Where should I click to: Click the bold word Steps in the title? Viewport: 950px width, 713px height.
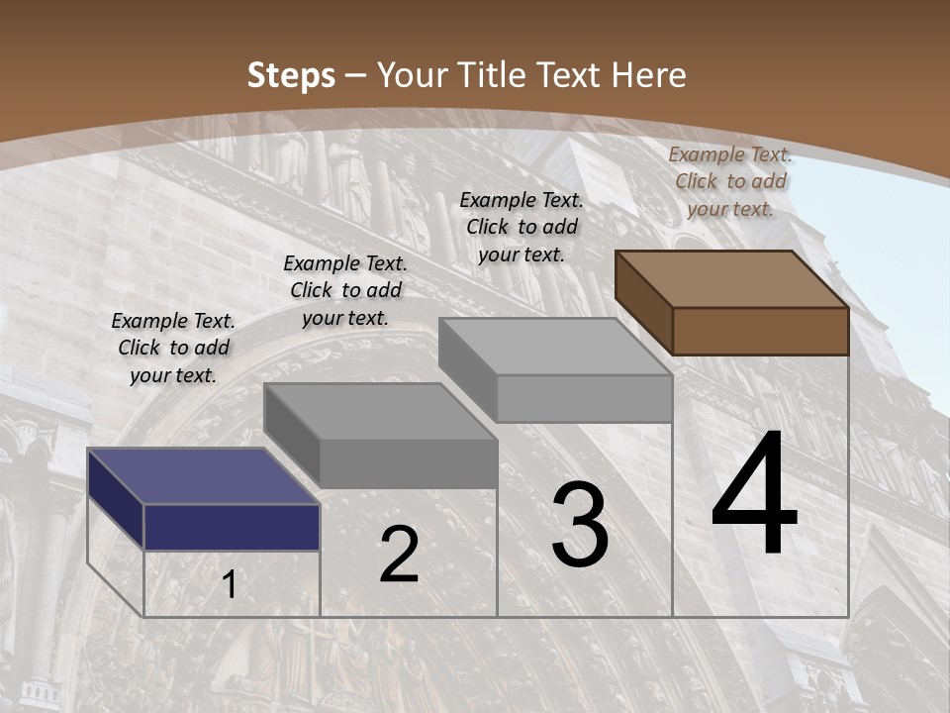click(x=291, y=75)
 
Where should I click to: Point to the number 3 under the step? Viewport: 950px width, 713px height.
click(x=580, y=525)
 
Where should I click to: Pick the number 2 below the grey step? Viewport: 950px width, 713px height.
click(x=399, y=555)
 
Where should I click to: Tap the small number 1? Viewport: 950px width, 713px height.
click(x=230, y=585)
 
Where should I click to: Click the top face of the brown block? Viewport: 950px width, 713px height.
click(x=731, y=278)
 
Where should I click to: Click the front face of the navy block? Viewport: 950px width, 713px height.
click(x=232, y=527)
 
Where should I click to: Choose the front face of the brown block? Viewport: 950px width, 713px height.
click(x=760, y=331)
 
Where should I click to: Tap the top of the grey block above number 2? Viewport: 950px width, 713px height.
click(x=379, y=410)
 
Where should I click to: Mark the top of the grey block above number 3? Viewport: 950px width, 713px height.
click(x=555, y=346)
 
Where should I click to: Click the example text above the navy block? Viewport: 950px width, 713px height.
click(x=173, y=348)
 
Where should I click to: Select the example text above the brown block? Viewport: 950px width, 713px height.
click(x=730, y=181)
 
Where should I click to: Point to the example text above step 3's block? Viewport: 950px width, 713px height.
click(x=522, y=227)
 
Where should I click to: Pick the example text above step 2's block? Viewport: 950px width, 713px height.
click(x=345, y=290)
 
